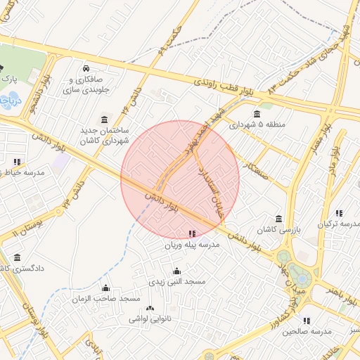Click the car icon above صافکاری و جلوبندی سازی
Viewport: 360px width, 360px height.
(85, 68)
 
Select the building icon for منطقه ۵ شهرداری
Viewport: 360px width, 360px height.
(257, 114)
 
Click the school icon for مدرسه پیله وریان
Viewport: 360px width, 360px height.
(192, 233)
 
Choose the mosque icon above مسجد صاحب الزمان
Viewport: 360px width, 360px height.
(106, 288)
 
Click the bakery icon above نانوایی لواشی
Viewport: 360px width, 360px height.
(149, 309)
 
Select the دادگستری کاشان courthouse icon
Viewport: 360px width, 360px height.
(17, 258)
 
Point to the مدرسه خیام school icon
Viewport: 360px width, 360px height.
(17, 162)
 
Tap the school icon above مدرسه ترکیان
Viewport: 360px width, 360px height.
(339, 213)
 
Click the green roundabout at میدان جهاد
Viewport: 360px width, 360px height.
(284, 258)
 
